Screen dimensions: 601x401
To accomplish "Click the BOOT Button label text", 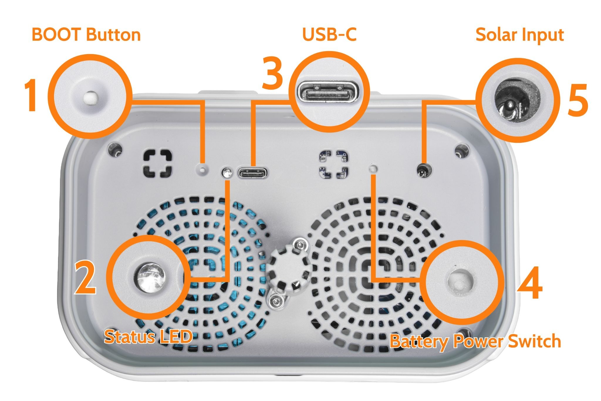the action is [86, 35].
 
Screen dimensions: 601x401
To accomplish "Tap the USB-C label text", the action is [329, 35].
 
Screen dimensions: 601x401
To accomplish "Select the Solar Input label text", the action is [519, 36].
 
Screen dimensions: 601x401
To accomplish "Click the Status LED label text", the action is [148, 337].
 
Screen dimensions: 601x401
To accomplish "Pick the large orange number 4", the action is [530, 283].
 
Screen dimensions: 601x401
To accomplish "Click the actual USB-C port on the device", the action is [253, 173].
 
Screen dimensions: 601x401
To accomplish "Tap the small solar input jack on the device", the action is [424, 170].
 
